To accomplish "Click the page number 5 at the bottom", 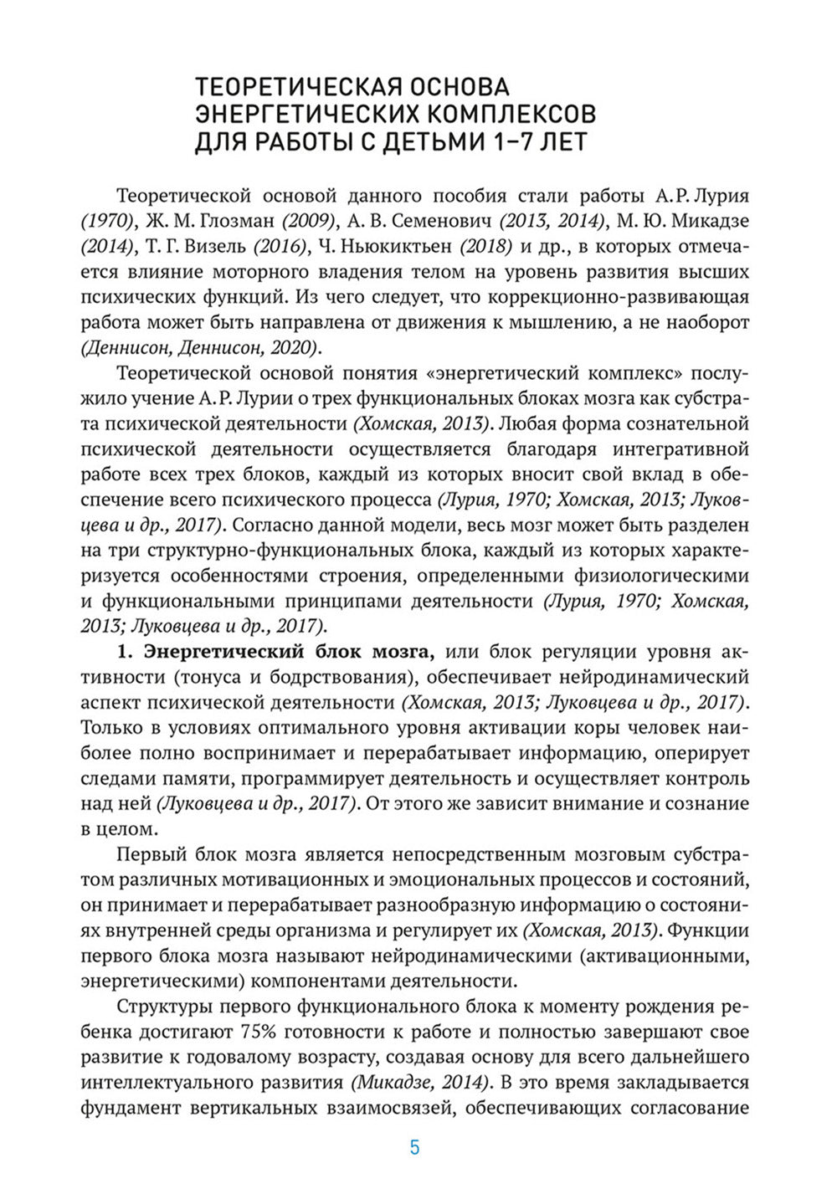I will click(x=415, y=1147).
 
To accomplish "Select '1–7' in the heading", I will click(x=506, y=142).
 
